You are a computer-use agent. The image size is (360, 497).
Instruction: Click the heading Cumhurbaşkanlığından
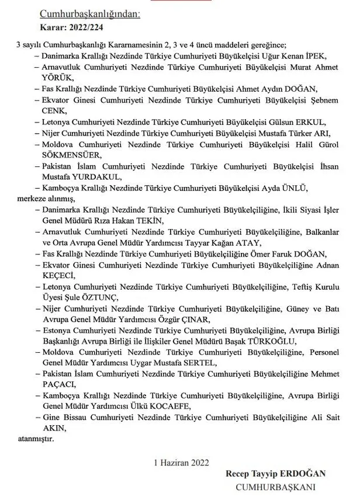(90, 15)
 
